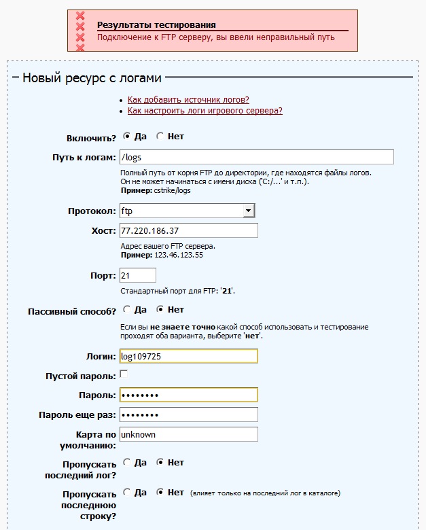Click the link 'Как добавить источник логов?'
tap(188, 100)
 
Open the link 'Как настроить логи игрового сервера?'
tap(205, 111)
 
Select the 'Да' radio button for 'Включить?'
tap(127, 136)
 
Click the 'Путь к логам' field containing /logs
tap(256, 157)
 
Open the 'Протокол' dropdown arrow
tap(248, 211)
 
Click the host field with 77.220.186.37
tap(188, 230)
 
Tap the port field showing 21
tap(137, 275)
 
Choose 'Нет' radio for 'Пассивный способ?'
tap(160, 310)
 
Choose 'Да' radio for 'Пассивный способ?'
tap(127, 310)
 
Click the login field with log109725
tap(188, 355)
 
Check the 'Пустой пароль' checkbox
tap(124, 374)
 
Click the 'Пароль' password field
tap(188, 395)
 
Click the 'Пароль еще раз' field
tap(188, 414)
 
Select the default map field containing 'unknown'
tap(188, 434)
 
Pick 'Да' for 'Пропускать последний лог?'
tap(127, 463)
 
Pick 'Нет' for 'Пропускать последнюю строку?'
tap(160, 492)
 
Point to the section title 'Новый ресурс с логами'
tap(92, 77)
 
